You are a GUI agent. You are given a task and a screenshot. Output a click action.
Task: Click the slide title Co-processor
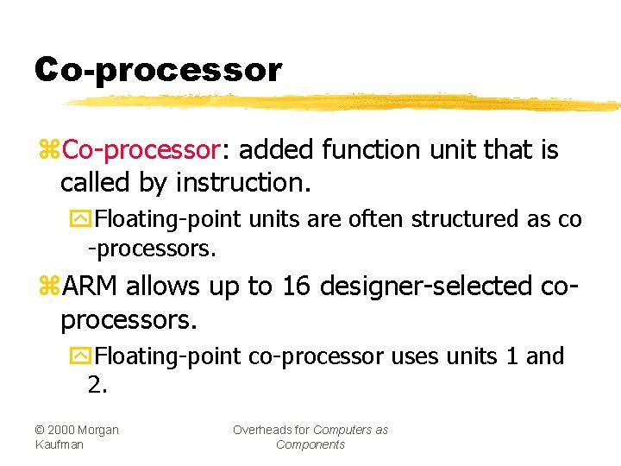158,70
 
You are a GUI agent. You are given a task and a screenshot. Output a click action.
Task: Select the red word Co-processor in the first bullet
142,150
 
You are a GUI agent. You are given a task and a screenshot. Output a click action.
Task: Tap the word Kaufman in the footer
60,444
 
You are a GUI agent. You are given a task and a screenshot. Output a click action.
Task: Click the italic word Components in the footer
310,444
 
